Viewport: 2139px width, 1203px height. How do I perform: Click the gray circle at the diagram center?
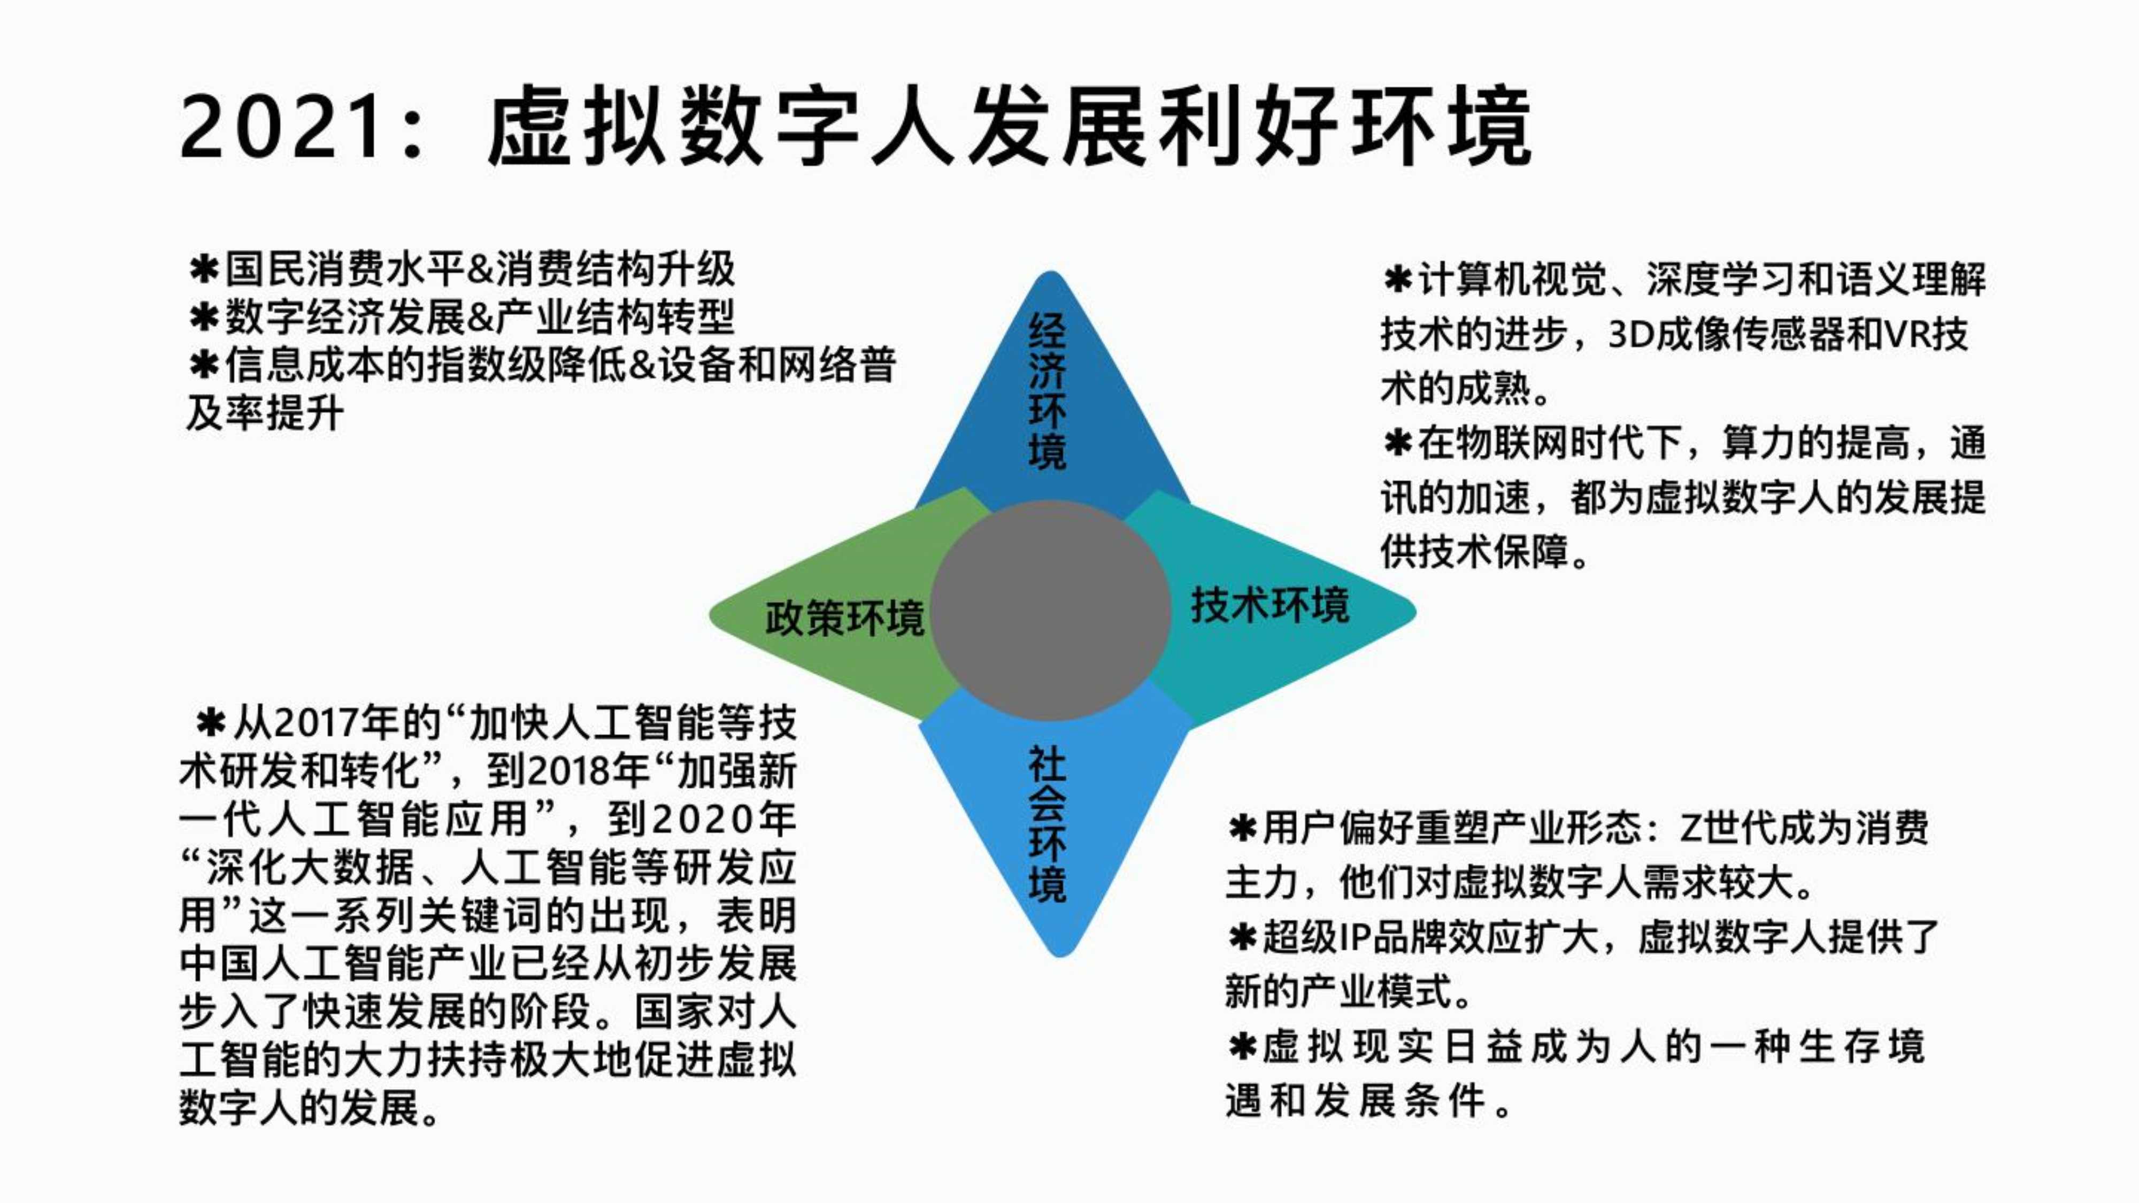coord(1050,610)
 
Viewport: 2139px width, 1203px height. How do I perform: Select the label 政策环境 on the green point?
coord(844,619)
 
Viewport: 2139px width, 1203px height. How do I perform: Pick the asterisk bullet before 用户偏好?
coord(1243,829)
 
